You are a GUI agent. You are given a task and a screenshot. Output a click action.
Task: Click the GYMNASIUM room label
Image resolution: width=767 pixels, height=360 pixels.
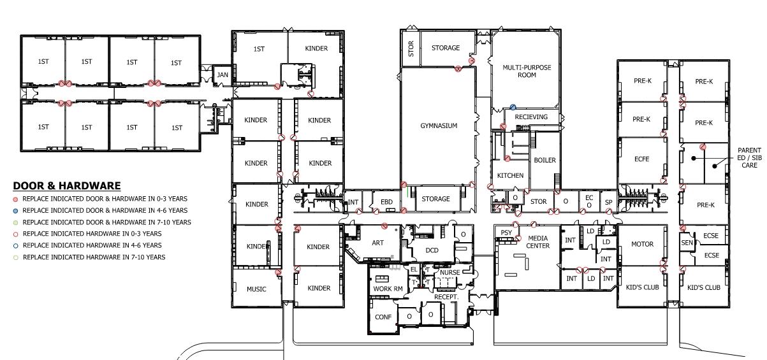pyautogui.click(x=439, y=126)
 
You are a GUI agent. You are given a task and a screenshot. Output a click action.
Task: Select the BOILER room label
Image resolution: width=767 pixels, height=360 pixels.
pyautogui.click(x=544, y=160)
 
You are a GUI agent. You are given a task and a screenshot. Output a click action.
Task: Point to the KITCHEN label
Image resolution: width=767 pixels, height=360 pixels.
pyautogui.click(x=510, y=176)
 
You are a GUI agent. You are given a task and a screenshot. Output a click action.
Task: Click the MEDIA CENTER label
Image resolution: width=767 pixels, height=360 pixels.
pyautogui.click(x=537, y=242)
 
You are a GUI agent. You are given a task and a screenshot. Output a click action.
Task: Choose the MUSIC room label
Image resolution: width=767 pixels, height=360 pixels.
pyautogui.click(x=256, y=289)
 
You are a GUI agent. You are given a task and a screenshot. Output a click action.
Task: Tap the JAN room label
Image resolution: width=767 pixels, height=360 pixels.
pyautogui.click(x=222, y=75)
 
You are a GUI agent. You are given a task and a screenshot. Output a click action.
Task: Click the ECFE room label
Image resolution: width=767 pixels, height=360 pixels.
pyautogui.click(x=641, y=159)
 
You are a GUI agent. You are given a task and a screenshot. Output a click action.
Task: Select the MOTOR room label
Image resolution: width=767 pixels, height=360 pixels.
pyautogui.click(x=642, y=245)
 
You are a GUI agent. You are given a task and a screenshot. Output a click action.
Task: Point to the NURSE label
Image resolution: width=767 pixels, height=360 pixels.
pyautogui.click(x=449, y=273)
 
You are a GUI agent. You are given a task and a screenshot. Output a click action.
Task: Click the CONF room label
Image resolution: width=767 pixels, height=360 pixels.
pyautogui.click(x=383, y=317)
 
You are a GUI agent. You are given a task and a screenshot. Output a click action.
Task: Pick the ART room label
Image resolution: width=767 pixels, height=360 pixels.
pyautogui.click(x=377, y=243)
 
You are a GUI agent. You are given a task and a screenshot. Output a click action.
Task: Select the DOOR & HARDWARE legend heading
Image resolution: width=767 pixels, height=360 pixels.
pyautogui.click(x=67, y=186)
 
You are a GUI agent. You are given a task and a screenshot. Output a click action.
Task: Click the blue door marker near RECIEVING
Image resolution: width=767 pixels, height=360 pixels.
pyautogui.click(x=513, y=108)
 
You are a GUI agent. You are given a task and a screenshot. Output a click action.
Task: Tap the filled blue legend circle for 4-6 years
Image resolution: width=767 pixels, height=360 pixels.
pyautogui.click(x=16, y=210)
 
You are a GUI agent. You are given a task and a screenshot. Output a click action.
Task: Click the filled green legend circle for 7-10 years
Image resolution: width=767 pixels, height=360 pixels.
pyautogui.click(x=16, y=222)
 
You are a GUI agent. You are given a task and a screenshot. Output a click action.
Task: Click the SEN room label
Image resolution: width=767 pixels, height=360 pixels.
pyautogui.click(x=687, y=243)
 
